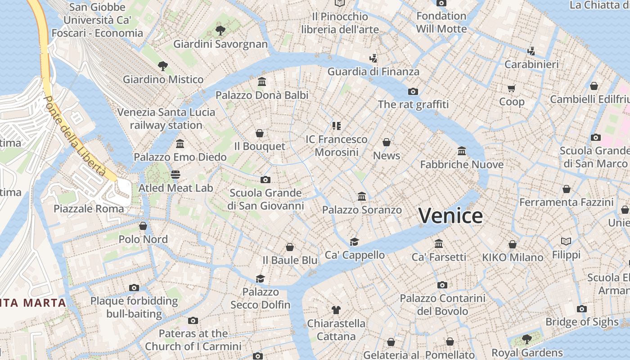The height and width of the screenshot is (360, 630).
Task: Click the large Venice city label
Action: (450, 216)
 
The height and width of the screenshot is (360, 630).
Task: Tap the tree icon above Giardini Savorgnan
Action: (220, 31)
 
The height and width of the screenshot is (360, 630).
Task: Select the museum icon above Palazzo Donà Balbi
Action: (262, 81)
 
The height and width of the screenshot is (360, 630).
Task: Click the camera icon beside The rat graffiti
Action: (413, 91)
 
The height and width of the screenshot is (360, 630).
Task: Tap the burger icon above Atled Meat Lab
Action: (175, 174)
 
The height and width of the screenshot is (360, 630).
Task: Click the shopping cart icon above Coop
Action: (511, 88)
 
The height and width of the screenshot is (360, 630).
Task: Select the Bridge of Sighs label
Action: (582, 322)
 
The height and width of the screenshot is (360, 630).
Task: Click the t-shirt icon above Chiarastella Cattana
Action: (336, 310)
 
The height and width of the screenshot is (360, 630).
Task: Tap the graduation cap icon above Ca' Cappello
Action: (354, 242)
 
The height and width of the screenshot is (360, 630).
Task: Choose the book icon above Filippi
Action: (566, 241)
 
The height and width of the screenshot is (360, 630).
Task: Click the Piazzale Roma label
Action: (89, 209)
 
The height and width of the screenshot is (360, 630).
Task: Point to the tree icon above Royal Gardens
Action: (526, 339)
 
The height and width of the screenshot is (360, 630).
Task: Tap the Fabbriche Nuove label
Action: (462, 165)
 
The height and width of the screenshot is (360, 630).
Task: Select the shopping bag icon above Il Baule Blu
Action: (290, 247)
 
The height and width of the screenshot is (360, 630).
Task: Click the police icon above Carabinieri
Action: (531, 51)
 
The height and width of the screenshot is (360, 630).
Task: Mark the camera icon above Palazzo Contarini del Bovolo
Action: (442, 285)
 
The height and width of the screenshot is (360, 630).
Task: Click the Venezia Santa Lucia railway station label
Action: (166, 118)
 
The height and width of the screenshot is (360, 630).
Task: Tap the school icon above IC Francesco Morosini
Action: (336, 126)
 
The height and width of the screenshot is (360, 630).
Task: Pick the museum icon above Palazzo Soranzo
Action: (361, 197)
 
